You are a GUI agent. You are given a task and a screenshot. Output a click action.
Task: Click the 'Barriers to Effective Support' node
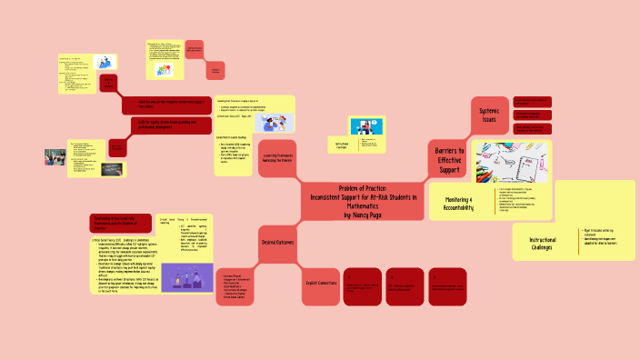449,158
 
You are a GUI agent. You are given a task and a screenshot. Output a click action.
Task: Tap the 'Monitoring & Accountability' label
460,205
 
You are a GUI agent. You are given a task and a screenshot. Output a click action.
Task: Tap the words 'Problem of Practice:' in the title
363,186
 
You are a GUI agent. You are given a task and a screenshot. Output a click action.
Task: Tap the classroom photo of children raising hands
55,156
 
